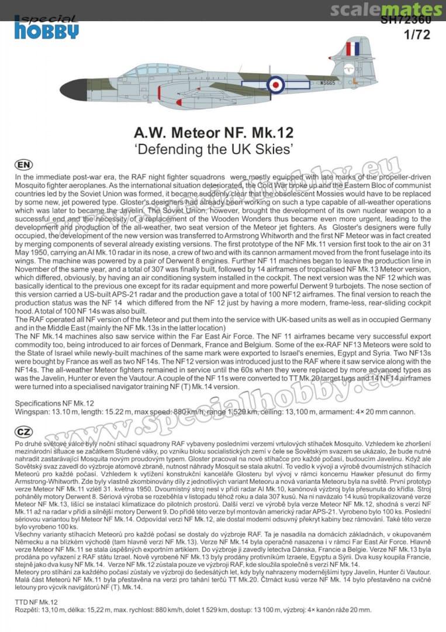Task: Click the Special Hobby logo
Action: click(x=46, y=27)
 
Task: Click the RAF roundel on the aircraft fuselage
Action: click(x=275, y=84)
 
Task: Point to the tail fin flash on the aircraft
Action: click(x=352, y=49)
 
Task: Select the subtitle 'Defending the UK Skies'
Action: click(x=223, y=149)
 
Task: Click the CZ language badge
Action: click(x=24, y=432)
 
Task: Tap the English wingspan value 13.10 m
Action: click(x=61, y=412)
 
